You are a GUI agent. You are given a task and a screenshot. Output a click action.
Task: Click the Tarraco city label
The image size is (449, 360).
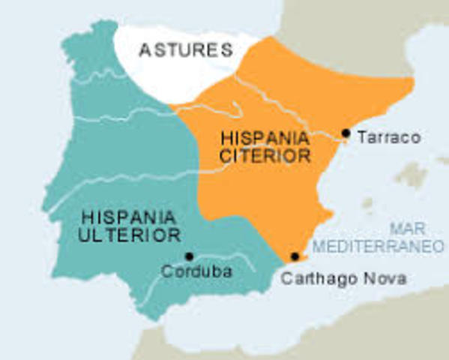coord(388,138)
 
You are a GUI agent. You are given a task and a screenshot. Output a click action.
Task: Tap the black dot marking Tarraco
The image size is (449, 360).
coord(346,133)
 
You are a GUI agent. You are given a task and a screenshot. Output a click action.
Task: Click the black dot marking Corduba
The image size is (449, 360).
coord(189,256)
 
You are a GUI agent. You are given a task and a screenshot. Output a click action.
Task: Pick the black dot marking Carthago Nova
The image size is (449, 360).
coord(295,257)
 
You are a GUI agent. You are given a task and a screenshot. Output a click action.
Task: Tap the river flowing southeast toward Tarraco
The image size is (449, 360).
coord(285,105)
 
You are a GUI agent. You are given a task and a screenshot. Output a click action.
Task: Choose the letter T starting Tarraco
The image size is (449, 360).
coord(361,138)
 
